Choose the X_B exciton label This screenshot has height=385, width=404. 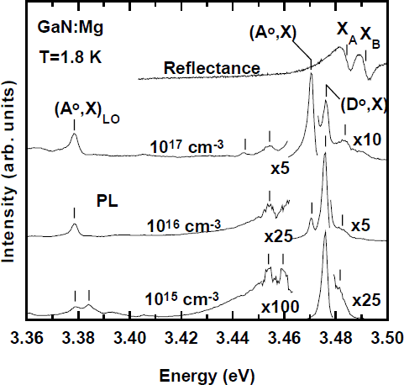click(371, 34)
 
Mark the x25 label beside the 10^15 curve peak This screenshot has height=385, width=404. click(369, 299)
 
